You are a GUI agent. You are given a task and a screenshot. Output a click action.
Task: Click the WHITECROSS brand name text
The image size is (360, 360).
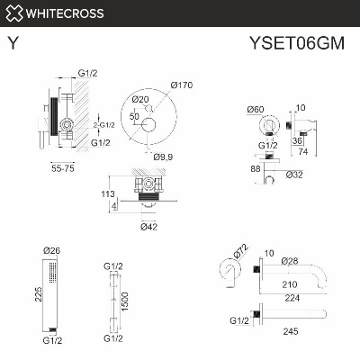coord(65,13)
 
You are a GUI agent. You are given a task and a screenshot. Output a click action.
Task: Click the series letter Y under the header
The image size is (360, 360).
coord(12,41)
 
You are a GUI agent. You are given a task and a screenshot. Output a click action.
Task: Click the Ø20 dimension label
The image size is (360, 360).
coord(139,99)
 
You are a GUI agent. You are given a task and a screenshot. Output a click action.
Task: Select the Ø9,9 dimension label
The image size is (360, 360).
coord(163,157)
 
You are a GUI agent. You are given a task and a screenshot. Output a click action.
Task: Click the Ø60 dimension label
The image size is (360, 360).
coord(256,110)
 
